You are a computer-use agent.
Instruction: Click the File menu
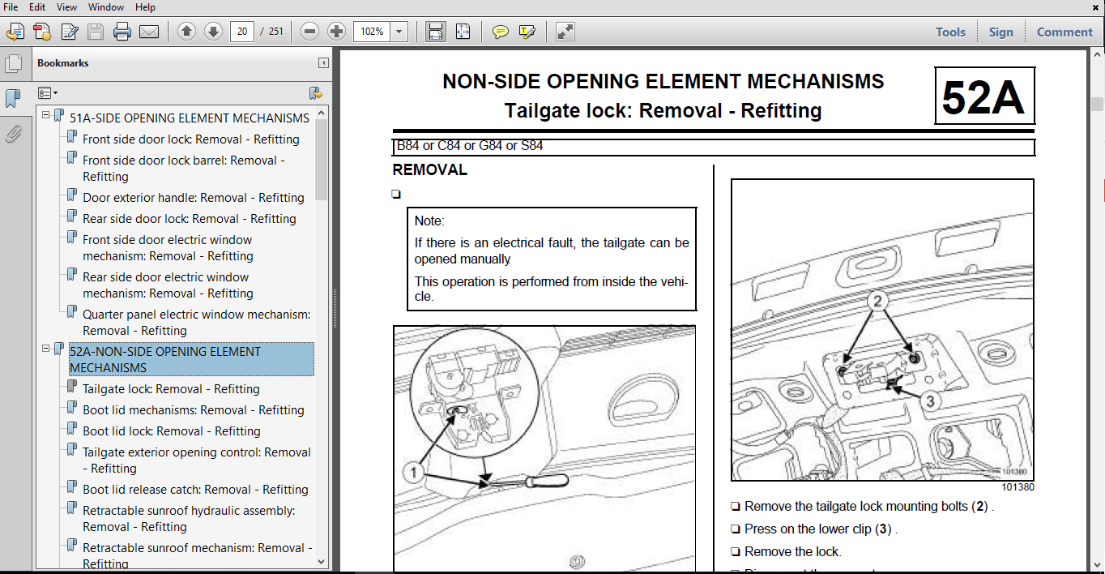[x=11, y=7]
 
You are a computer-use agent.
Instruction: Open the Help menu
[x=145, y=7]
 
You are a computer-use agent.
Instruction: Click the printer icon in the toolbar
[x=122, y=32]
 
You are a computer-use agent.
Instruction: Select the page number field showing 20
[x=241, y=32]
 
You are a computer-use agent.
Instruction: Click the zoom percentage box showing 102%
[x=372, y=32]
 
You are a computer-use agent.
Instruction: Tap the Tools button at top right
[x=950, y=32]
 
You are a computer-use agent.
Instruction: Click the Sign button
[x=1000, y=32]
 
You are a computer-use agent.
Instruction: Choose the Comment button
[x=1064, y=32]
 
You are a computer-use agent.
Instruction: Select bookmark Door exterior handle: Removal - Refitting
[x=193, y=198]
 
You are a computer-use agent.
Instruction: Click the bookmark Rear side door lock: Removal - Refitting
[x=189, y=219]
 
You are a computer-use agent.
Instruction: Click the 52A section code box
[x=983, y=96]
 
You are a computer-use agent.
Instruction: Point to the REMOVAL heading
[x=429, y=170]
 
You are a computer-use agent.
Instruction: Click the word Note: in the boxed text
[x=429, y=221]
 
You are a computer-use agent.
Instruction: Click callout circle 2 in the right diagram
[x=876, y=302]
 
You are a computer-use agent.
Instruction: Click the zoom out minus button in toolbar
[x=309, y=32]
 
